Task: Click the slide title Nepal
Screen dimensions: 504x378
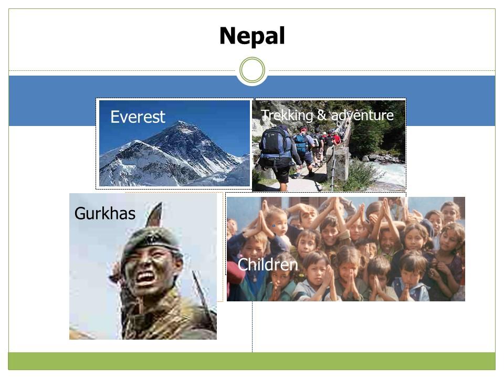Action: tap(252, 36)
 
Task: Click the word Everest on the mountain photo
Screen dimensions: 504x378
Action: tap(138, 117)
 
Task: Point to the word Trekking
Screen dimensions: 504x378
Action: tap(287, 115)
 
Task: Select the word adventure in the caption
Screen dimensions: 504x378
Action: tap(362, 115)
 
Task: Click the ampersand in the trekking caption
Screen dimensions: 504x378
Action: tap(322, 115)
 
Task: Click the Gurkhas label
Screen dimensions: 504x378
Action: tap(105, 214)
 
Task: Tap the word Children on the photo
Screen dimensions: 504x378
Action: tap(268, 265)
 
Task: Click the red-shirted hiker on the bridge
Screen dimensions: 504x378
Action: tap(336, 139)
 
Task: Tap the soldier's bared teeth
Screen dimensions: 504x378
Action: tap(146, 277)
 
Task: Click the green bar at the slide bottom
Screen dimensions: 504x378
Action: tap(251, 361)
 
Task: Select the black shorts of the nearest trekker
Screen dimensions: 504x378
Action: tap(280, 174)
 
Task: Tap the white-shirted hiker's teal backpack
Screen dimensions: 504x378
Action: tap(301, 143)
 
